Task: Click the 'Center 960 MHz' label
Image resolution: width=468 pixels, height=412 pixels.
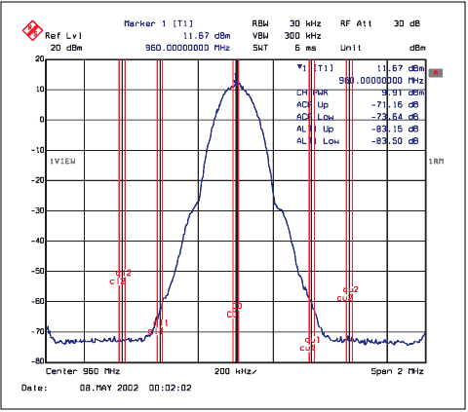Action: pyautogui.click(x=84, y=371)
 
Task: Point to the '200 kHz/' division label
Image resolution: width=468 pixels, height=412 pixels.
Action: pyautogui.click(x=236, y=371)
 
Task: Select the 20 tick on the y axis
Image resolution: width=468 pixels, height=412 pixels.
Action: pyautogui.click(x=38, y=58)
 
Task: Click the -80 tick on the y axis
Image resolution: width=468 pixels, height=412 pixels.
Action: pyautogui.click(x=36, y=361)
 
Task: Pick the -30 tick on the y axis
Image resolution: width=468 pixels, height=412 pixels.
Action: pyautogui.click(x=36, y=210)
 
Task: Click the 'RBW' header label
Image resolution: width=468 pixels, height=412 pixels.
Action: pyautogui.click(x=260, y=22)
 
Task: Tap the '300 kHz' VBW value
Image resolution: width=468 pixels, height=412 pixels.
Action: pyautogui.click(x=306, y=35)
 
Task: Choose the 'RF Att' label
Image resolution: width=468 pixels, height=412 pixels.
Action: pyautogui.click(x=353, y=22)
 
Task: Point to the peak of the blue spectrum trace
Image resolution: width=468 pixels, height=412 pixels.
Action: pyautogui.click(x=236, y=81)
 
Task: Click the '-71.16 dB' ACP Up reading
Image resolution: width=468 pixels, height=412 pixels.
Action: pyautogui.click(x=402, y=102)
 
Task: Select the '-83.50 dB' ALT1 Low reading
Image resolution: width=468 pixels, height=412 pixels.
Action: pyautogui.click(x=402, y=140)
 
